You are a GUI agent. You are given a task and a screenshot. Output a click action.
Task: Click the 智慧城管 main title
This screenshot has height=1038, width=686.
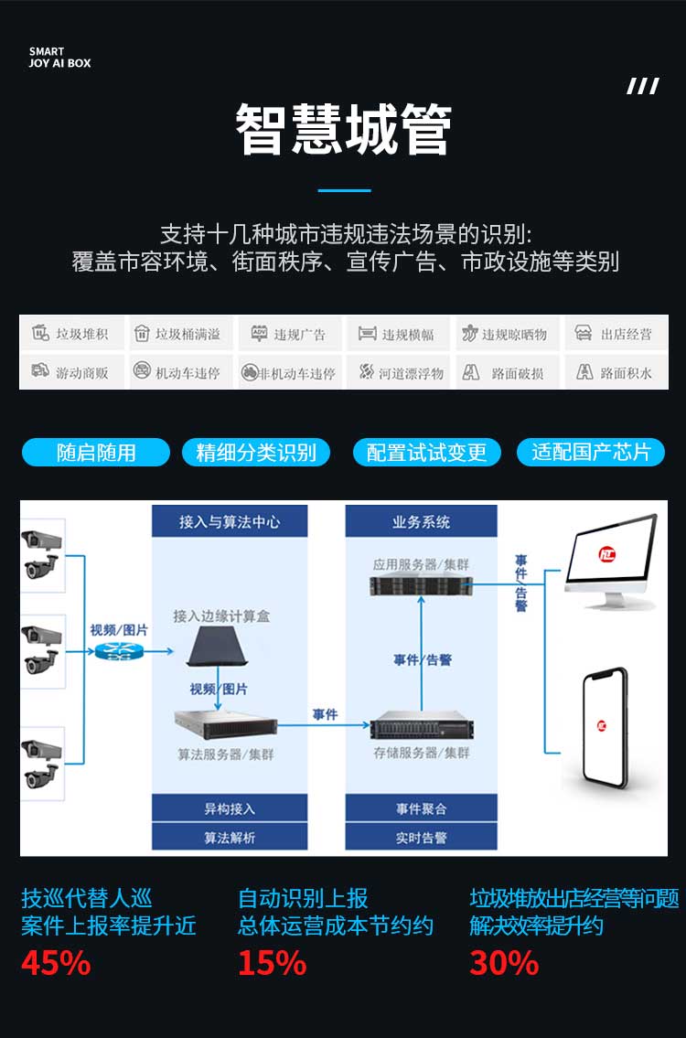[344, 130]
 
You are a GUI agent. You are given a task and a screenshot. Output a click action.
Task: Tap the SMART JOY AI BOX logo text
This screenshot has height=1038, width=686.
[59, 58]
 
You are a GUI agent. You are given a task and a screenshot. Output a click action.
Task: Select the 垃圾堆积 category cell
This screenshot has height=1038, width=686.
[71, 334]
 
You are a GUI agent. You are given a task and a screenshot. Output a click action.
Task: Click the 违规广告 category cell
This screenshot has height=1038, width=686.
[289, 334]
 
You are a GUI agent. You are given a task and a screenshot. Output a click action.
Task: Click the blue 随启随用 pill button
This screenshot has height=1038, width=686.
[96, 452]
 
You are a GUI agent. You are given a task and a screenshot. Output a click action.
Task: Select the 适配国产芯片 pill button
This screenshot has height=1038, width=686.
[591, 452]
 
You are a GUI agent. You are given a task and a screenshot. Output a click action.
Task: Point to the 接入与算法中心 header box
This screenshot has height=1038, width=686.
[230, 521]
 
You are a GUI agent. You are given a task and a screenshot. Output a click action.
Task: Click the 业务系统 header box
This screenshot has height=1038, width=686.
[421, 521]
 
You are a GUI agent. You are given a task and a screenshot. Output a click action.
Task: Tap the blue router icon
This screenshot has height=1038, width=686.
[114, 651]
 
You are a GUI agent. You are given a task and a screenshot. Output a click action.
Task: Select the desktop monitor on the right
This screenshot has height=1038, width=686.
[610, 561]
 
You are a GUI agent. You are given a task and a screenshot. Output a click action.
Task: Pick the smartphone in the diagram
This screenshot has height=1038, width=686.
[605, 728]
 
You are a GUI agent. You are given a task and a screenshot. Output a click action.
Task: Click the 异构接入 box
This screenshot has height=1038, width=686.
[230, 809]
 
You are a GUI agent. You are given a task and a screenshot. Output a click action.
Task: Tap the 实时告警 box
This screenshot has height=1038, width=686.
[421, 838]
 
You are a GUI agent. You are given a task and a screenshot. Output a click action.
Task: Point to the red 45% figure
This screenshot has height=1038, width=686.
[56, 962]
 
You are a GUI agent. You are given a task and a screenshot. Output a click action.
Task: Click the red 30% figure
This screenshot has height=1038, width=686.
[505, 962]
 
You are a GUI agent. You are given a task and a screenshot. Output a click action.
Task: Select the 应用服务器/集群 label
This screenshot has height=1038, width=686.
[421, 564]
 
